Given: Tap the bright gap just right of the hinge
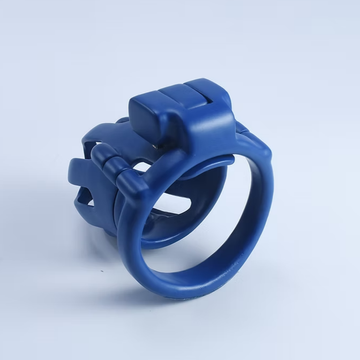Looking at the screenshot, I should pyautogui.click(x=140, y=170).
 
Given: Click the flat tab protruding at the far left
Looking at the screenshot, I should pyautogui.click(x=75, y=171).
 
